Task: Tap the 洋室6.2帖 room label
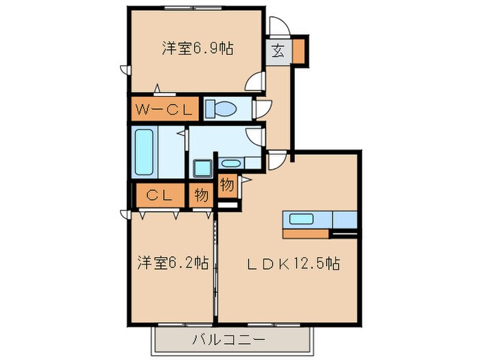coord(172,262)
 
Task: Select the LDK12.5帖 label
coord(289,263)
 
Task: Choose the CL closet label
coord(158,195)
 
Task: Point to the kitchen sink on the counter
coord(302,219)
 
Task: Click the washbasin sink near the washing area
coord(231,163)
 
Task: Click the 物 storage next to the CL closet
coord(201,195)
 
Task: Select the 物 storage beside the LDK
coord(228,184)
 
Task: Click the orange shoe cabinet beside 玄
coord(300,49)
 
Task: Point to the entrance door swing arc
coord(280,27)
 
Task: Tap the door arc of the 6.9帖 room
coord(255,82)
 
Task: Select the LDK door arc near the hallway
coord(277,161)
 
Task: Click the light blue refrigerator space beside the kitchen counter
coord(345,219)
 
